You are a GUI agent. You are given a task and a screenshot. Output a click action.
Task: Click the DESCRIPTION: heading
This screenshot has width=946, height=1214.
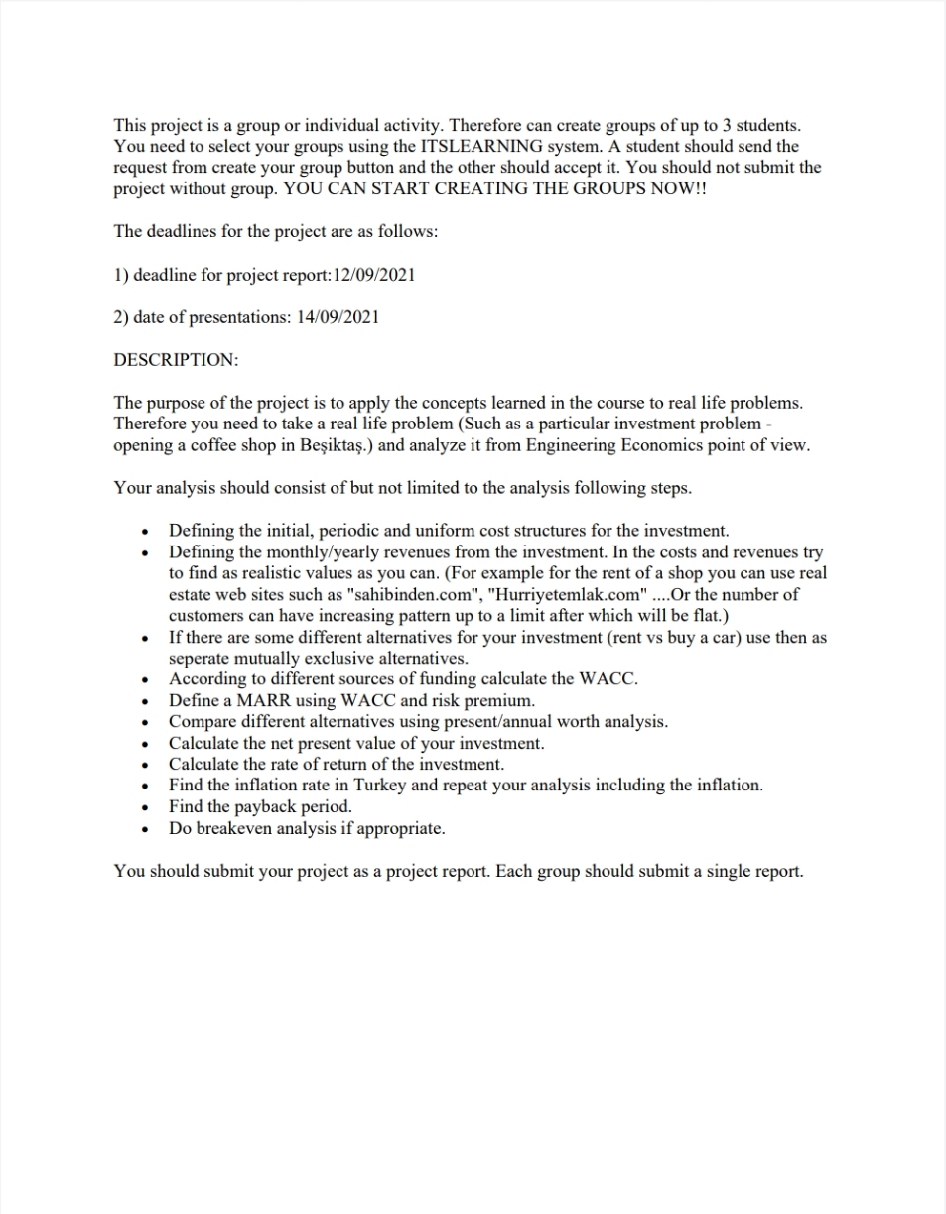click(176, 360)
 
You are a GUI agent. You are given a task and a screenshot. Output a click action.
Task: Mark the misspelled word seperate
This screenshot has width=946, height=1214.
click(203, 658)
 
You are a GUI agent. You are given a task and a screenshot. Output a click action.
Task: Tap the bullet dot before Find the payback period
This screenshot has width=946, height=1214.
click(147, 807)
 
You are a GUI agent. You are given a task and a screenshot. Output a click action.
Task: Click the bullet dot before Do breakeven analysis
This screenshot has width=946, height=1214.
click(147, 829)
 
